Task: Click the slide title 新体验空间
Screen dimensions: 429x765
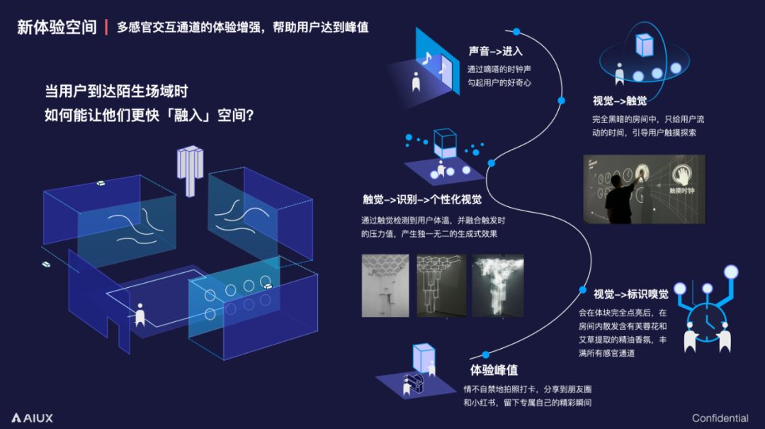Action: tap(57, 27)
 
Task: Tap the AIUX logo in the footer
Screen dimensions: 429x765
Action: tap(32, 418)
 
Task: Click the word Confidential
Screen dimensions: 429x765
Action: tap(720, 418)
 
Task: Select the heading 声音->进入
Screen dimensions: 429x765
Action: tap(495, 52)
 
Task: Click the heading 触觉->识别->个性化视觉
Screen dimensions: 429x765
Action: tap(421, 200)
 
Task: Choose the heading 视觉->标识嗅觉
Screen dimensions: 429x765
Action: tap(630, 294)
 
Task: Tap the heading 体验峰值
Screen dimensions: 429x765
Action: tap(494, 370)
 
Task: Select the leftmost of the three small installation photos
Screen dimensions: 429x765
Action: tap(385, 286)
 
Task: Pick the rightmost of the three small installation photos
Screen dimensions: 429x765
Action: tap(497, 286)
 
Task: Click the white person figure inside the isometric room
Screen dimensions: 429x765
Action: tap(140, 314)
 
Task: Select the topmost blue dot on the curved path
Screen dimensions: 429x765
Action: tap(516, 31)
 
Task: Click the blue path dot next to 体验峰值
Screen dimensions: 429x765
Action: tap(485, 355)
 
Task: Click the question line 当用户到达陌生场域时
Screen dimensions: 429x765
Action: tap(116, 91)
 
